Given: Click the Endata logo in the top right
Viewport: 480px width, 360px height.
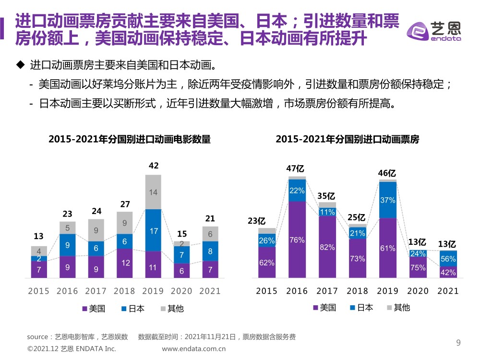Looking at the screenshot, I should tap(433, 31).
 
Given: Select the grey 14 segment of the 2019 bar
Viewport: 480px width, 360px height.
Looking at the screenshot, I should tap(153, 192).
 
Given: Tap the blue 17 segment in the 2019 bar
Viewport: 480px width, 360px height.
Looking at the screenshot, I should tap(153, 230).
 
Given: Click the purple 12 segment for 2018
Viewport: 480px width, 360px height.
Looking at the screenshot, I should tap(125, 263).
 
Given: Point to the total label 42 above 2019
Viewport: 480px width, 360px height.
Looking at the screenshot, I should tap(154, 166).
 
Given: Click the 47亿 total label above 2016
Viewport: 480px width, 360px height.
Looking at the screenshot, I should tap(296, 168).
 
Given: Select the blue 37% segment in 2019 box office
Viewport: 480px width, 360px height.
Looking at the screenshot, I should tap(387, 200).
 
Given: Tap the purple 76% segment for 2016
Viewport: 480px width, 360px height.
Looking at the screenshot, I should tap(297, 240).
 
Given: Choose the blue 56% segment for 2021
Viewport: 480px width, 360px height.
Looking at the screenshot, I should tap(448, 258).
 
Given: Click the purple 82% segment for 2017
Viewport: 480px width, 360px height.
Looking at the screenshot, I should tap(327, 247).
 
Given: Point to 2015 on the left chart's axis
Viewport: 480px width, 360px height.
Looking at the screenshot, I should tap(38, 291).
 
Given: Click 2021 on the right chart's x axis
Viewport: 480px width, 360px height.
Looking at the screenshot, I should tap(448, 291).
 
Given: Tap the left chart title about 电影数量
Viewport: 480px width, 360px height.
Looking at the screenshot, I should tap(130, 140).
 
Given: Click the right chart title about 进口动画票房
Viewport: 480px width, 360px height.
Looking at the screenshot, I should tap(348, 140).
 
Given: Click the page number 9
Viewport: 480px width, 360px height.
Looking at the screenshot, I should tap(458, 343).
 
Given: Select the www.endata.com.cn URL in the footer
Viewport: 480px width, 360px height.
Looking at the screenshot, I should tap(194, 349).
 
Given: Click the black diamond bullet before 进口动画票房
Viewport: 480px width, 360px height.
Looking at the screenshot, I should tap(20, 64).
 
